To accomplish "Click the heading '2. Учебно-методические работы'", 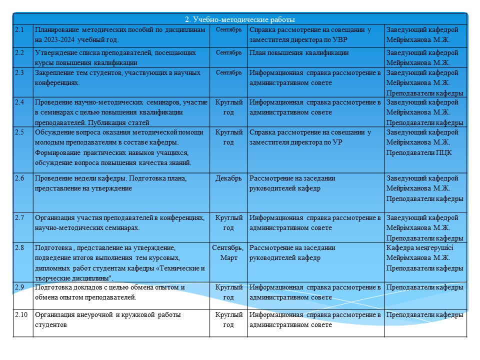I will click(x=240, y=19).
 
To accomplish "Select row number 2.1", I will click(x=19, y=30).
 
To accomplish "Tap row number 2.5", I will click(x=19, y=132).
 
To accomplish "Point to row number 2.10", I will click(x=21, y=315).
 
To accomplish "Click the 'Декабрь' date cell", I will click(x=228, y=178).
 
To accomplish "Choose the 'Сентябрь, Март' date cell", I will click(x=228, y=253).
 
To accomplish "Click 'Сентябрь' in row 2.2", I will click(x=228, y=52).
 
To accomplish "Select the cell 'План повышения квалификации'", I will click(x=299, y=53).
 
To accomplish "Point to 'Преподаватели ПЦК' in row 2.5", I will click(x=419, y=152).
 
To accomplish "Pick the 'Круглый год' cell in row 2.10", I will click(x=228, y=320).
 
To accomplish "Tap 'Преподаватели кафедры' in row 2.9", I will click(x=424, y=287).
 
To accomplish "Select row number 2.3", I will click(x=19, y=73).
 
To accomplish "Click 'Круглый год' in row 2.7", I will click(x=228, y=223).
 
